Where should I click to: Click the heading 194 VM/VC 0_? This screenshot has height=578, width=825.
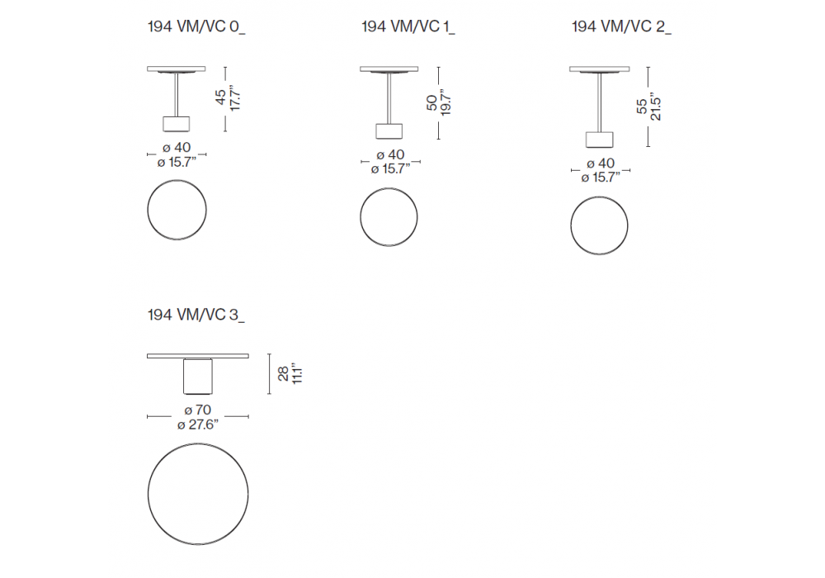point(196,26)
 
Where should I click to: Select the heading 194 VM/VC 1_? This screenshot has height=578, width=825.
point(408,26)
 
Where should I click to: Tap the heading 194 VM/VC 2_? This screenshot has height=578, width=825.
point(621,26)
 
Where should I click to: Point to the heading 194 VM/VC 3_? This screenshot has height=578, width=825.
point(196,315)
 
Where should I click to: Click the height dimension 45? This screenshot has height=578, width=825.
point(221,97)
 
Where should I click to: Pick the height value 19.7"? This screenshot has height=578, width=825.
point(445,102)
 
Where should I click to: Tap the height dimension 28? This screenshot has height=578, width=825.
point(284,374)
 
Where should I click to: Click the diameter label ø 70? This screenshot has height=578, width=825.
point(198,410)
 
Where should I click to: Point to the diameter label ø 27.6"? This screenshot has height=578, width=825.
point(198,424)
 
